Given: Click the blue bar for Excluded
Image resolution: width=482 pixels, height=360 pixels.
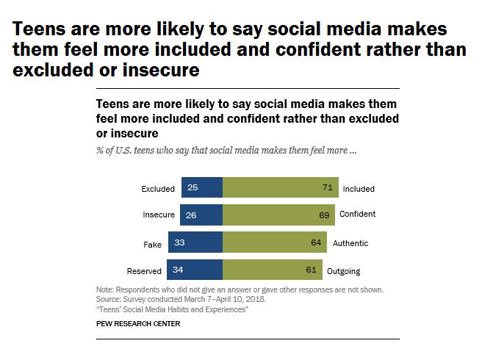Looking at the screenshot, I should [x=201, y=188].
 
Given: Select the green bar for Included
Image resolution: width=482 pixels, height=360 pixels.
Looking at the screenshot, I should [x=280, y=188].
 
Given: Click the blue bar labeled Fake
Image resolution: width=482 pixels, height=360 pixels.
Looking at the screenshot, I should [x=195, y=242].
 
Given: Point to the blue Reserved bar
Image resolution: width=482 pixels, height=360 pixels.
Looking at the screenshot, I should [x=194, y=270].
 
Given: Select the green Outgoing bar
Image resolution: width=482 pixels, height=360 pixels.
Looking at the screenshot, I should [x=272, y=270].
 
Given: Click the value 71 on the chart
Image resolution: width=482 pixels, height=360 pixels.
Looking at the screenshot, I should [x=328, y=188].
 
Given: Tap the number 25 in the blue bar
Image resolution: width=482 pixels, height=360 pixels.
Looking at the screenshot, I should [x=193, y=188].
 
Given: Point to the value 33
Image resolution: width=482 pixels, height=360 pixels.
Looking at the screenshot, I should [x=179, y=242].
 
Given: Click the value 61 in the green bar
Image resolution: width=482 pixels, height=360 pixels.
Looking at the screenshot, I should [x=311, y=270].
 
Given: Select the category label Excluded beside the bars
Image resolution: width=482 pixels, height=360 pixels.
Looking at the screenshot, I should [x=158, y=189].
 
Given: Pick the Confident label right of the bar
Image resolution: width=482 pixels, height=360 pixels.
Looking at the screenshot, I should [x=357, y=215].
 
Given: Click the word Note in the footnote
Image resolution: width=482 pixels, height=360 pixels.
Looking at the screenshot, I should [x=104, y=290].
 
